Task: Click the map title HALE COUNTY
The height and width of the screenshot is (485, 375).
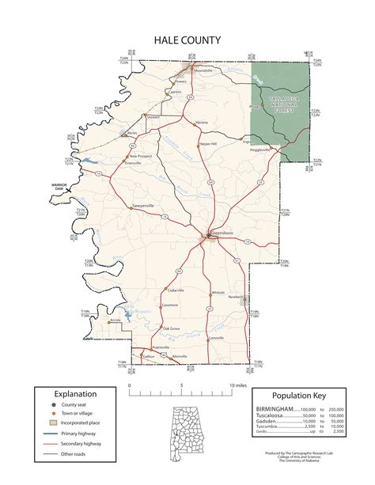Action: coord(187,39)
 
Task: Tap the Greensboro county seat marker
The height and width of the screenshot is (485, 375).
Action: coord(208,235)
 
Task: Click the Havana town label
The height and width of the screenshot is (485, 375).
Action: coord(202,123)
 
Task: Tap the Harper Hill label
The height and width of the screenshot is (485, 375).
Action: coord(208,144)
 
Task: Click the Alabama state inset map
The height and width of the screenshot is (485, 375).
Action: coord(187,426)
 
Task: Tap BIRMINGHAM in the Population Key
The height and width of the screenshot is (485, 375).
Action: coord(274,410)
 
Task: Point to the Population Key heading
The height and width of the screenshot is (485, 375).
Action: coord(297,396)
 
